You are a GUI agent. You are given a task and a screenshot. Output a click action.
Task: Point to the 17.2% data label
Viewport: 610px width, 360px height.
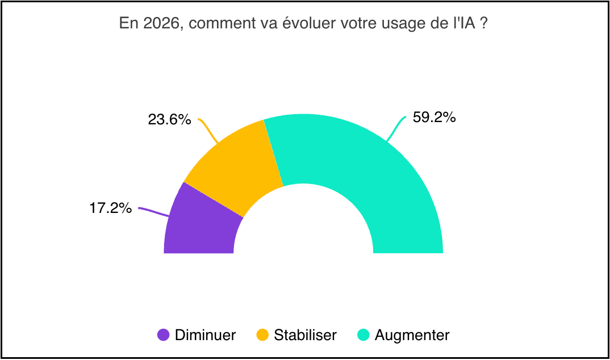pyautogui.click(x=111, y=208)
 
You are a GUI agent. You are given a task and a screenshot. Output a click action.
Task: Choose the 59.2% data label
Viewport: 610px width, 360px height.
pyautogui.click(x=434, y=118)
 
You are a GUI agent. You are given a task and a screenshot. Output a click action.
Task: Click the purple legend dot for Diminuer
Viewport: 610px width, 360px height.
pyautogui.click(x=164, y=335)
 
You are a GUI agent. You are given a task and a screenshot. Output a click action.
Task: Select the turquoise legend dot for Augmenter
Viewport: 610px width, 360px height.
pyautogui.click(x=364, y=335)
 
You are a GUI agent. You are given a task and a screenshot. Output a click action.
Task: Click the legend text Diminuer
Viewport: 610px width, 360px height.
pyautogui.click(x=205, y=335)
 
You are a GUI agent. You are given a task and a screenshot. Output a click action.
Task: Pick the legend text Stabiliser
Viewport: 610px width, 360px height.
pyautogui.click(x=305, y=335)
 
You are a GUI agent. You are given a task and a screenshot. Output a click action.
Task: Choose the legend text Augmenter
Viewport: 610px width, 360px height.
pyautogui.click(x=412, y=335)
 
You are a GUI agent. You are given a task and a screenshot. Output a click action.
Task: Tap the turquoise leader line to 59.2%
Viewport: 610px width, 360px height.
pyautogui.click(x=396, y=128)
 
